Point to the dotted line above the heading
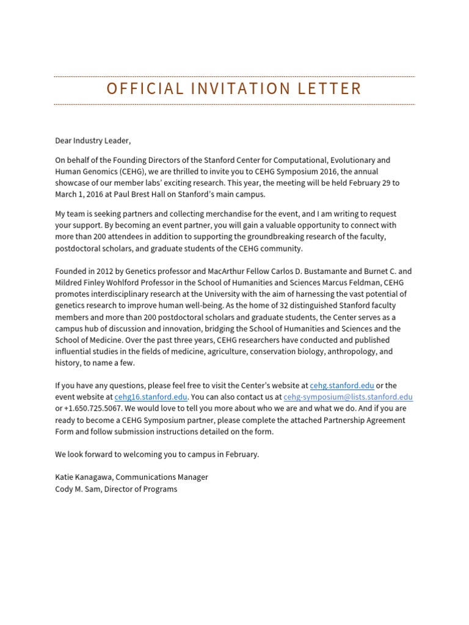pyautogui.click(x=234, y=77)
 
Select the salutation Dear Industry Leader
pyautogui.click(x=93, y=141)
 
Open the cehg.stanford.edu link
pyautogui.click(x=341, y=386)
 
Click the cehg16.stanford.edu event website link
pyautogui.click(x=151, y=397)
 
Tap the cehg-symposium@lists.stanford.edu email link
pyautogui.click(x=348, y=397)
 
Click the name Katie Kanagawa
pyautogui.click(x=82, y=477)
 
